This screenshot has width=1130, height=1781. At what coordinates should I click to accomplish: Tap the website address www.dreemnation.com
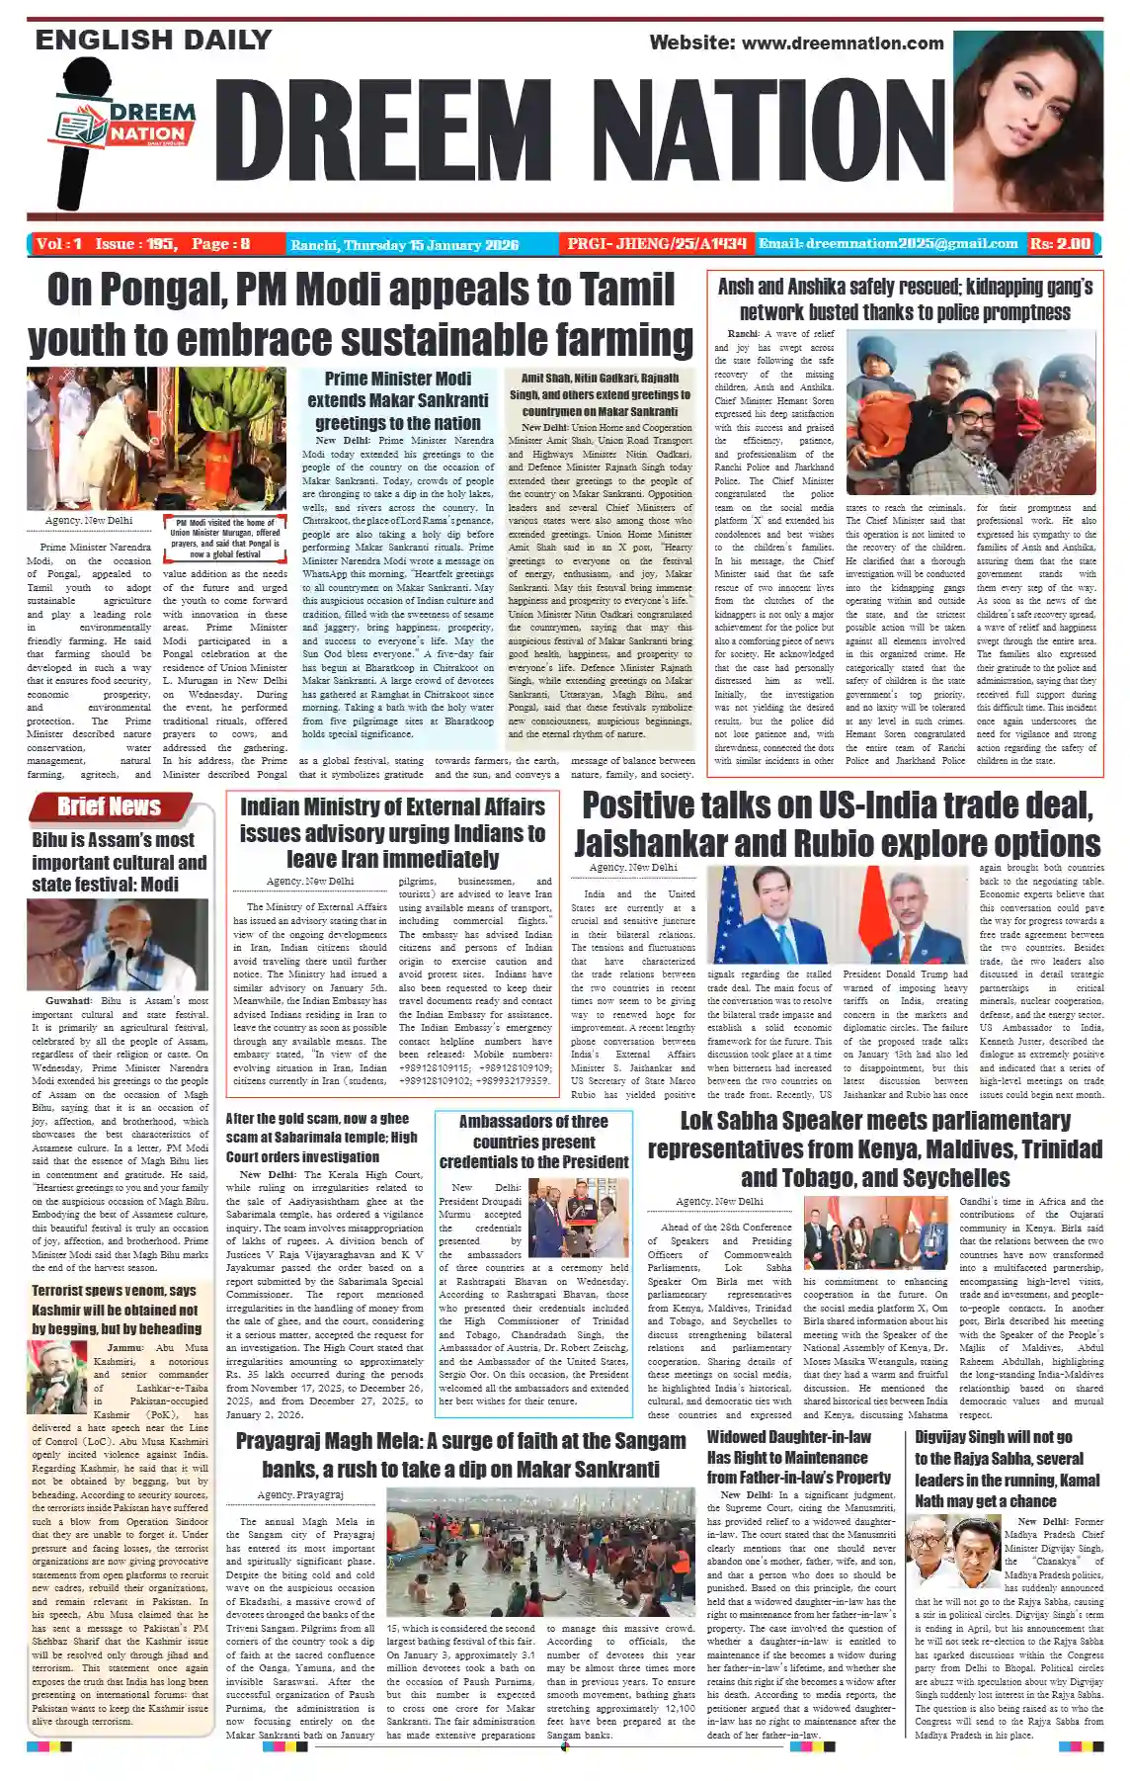pyautogui.click(x=796, y=42)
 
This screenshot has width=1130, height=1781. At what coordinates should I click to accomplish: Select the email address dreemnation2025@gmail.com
pyautogui.click(x=888, y=243)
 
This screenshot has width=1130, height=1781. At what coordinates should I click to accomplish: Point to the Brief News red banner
pyautogui.click(x=110, y=806)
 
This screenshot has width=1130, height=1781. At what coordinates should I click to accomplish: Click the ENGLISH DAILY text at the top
pyautogui.click(x=153, y=41)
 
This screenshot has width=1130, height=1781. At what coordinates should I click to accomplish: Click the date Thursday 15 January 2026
pyautogui.click(x=405, y=244)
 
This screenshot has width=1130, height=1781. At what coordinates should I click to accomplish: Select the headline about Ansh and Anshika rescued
pyautogui.click(x=905, y=298)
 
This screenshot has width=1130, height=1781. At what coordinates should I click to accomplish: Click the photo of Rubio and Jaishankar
pyautogui.click(x=838, y=914)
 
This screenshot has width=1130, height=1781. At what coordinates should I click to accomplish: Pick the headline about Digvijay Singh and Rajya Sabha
pyautogui.click(x=1007, y=1468)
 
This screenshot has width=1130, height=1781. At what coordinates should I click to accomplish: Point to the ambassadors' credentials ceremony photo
pyautogui.click(x=578, y=1217)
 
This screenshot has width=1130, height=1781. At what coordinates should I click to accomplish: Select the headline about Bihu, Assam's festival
pyautogui.click(x=119, y=862)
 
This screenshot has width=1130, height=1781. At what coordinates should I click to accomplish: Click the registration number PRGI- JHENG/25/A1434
pyautogui.click(x=654, y=244)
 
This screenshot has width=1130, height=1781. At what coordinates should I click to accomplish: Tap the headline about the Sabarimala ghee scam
pyautogui.click(x=322, y=1137)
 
